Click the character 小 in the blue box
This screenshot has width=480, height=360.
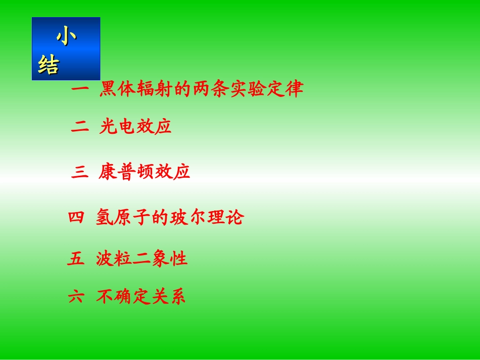point(67,38)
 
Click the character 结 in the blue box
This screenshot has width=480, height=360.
point(49,66)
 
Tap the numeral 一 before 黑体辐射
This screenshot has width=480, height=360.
point(80,90)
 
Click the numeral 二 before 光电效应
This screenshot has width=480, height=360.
point(80,127)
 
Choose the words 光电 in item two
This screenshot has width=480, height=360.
point(117,127)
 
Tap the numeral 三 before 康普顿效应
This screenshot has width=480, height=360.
point(80,173)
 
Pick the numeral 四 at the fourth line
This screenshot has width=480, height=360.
point(75,218)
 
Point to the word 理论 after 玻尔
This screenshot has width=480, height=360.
point(226,218)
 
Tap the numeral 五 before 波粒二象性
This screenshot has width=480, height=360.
point(76,259)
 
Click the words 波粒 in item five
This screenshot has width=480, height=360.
point(114,259)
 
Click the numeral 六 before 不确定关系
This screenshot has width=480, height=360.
point(76,297)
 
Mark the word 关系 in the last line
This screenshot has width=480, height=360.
point(169,297)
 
